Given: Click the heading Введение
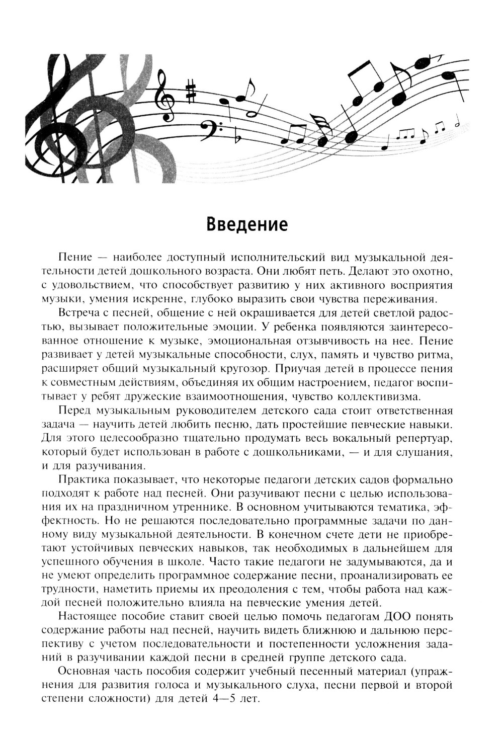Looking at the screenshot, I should pos(247,223).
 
